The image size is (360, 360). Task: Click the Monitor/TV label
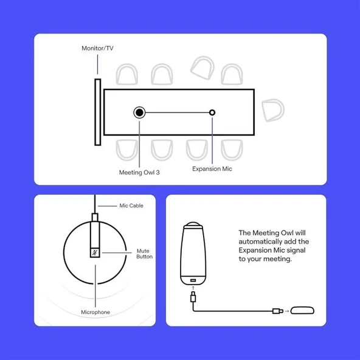[97, 48]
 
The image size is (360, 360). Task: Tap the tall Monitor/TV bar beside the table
[98, 112]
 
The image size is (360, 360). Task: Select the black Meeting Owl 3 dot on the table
[139, 112]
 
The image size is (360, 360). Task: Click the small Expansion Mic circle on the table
[212, 112]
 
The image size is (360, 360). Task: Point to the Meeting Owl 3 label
[139, 173]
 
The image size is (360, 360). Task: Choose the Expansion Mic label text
[212, 169]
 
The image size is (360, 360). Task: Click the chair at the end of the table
[273, 110]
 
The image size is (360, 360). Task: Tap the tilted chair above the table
[202, 68]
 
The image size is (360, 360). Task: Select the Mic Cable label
[131, 206]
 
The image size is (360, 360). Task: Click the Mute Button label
[144, 254]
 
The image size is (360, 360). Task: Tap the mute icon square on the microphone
[95, 253]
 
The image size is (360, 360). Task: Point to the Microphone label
[95, 312]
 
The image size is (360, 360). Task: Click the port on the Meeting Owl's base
[193, 280]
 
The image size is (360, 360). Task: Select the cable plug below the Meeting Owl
[193, 297]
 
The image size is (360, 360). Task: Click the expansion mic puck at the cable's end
[302, 311]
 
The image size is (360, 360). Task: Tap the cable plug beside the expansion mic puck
[278, 311]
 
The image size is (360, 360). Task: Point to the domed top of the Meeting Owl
[193, 224]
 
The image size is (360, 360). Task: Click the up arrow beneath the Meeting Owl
[193, 288]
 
